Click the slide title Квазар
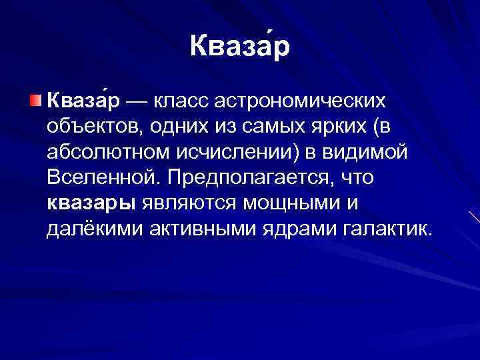(x=239, y=47)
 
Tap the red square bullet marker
(x=35, y=101)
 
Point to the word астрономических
(x=305, y=101)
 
